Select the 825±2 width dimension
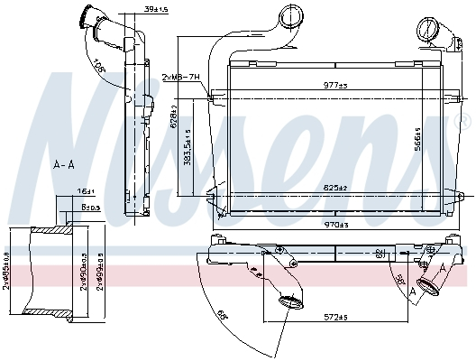[x=335, y=187]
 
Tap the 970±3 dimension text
[x=335, y=225]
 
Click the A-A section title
[x=63, y=165]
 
